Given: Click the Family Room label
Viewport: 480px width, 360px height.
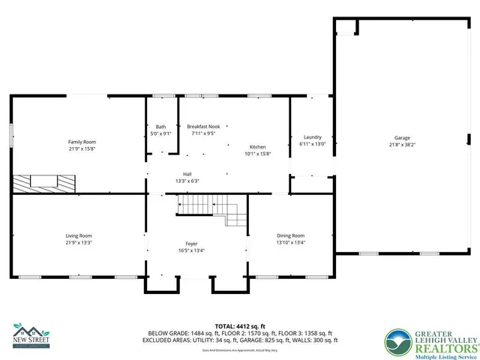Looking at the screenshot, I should (x=82, y=142).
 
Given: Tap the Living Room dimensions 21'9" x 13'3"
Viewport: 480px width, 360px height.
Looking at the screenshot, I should (x=79, y=243).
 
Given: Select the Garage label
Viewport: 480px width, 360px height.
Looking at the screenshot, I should (x=403, y=138).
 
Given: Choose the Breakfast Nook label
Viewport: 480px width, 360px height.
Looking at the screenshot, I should (x=202, y=127).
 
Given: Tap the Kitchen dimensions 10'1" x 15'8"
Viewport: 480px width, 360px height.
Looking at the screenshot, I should (x=257, y=153).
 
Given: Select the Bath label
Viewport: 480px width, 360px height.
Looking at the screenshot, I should (x=161, y=127).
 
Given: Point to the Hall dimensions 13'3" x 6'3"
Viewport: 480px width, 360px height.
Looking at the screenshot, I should (x=187, y=181).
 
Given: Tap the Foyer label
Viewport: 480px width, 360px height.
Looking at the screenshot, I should (x=192, y=244).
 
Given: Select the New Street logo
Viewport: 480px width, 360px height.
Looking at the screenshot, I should (x=31, y=334).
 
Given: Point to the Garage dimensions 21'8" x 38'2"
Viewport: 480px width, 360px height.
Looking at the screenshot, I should (x=403, y=145).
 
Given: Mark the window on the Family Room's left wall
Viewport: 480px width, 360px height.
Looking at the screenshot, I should (x=10, y=136).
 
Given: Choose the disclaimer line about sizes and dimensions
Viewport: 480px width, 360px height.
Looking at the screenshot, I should (x=240, y=349).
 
